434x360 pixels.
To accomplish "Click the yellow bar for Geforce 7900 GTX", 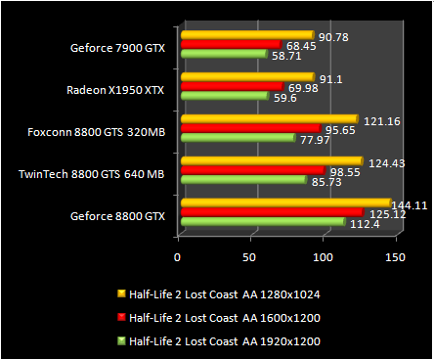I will (x=244, y=35).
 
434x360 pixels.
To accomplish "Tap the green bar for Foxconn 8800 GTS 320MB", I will (x=236, y=138).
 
